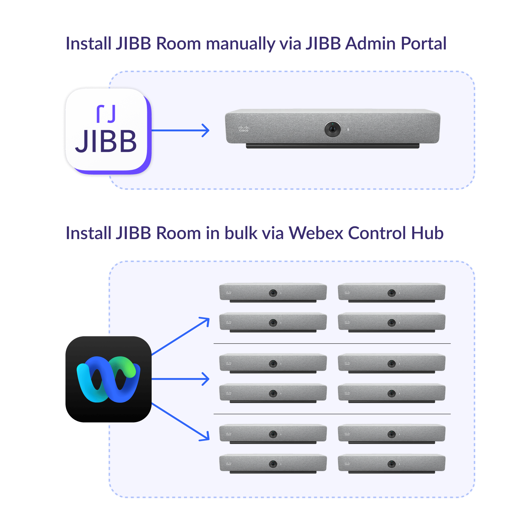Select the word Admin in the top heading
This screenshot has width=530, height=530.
point(370,44)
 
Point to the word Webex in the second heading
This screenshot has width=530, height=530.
point(316,233)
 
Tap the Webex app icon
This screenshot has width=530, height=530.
point(108,379)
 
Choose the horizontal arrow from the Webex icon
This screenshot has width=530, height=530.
point(180,379)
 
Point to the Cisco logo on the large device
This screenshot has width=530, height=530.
point(244,129)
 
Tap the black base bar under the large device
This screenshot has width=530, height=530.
point(333,146)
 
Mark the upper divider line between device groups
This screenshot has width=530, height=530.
point(332,344)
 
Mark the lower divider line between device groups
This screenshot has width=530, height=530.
point(332,414)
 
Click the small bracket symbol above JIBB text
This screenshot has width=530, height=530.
point(106,114)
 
